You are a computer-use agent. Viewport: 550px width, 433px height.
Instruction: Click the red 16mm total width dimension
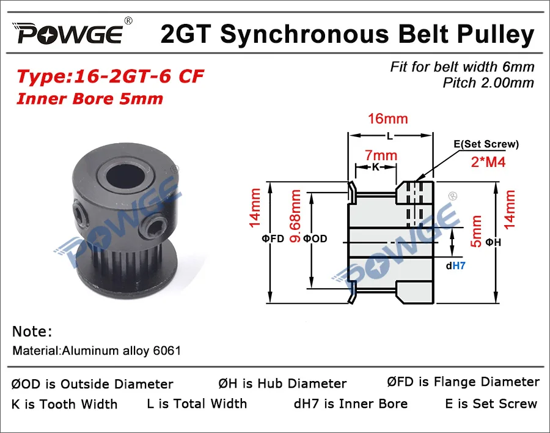coord(387,119)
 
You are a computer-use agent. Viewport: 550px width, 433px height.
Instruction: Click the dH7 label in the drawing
coord(460,265)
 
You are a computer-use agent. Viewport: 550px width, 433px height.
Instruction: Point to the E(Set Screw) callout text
coord(486,144)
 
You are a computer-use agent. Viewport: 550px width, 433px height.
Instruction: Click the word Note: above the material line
coord(32,331)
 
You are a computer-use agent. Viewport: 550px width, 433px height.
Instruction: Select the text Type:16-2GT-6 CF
coord(110,78)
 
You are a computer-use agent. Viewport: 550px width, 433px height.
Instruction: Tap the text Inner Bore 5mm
coord(89,98)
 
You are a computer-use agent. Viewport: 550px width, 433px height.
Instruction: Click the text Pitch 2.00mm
coord(488,83)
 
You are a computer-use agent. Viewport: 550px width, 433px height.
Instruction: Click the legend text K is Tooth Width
coord(64,404)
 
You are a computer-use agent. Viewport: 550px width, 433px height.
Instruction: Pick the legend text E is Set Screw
coord(491,404)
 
